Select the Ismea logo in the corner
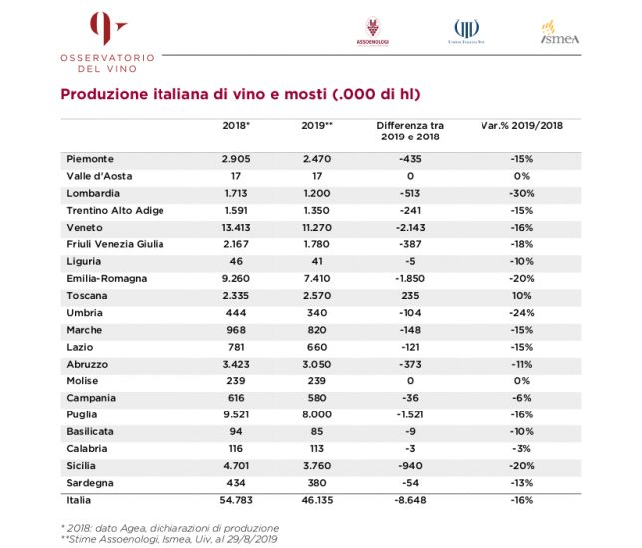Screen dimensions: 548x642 tap(560, 33)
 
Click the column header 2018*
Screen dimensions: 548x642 tap(236, 127)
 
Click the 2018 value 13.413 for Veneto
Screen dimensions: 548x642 tap(236, 227)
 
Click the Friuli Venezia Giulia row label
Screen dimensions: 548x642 tap(115, 244)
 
